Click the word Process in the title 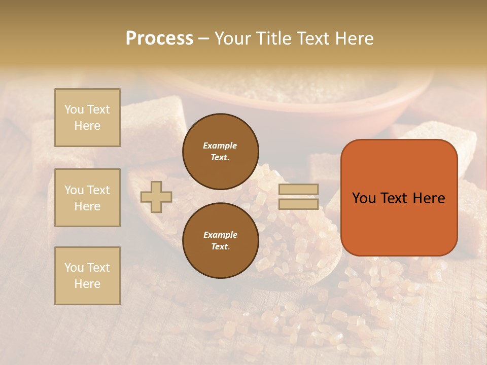click(x=159, y=38)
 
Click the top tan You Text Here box click(x=87, y=118)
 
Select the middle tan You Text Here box click(x=87, y=198)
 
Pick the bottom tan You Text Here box click(x=87, y=276)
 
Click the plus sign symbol click(x=156, y=197)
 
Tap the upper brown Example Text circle click(x=220, y=152)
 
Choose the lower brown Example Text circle click(x=220, y=241)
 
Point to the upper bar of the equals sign click(x=299, y=189)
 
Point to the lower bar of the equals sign click(x=299, y=204)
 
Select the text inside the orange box click(x=399, y=198)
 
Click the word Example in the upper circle click(x=220, y=145)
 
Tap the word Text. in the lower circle click(x=220, y=247)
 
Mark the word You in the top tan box click(x=74, y=109)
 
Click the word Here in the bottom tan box click(x=87, y=284)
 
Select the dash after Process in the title click(x=203, y=39)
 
